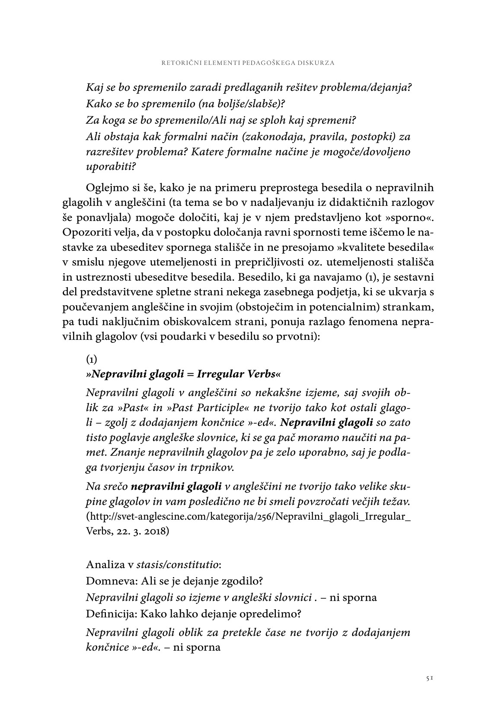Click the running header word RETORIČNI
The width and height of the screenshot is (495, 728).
(x=181, y=63)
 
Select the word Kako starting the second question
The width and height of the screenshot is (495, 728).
(x=99, y=104)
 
